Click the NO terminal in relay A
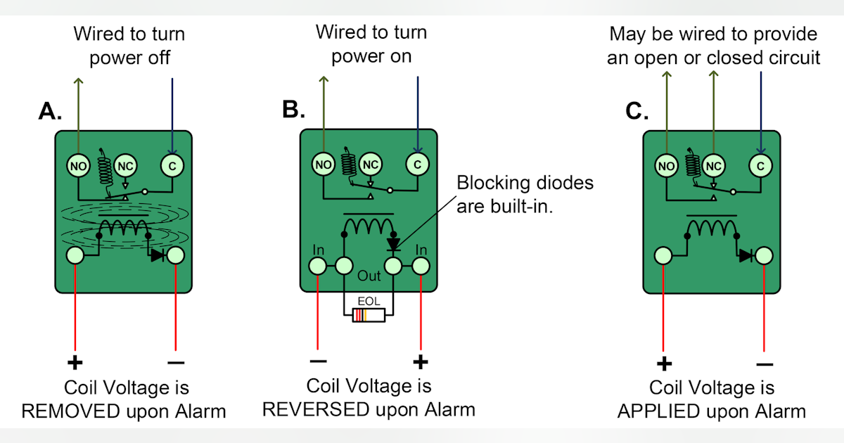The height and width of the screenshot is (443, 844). [x=77, y=166]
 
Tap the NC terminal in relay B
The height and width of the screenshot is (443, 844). [x=370, y=165]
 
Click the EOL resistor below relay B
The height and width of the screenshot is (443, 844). [x=369, y=315]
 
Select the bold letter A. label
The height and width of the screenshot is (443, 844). [x=51, y=111]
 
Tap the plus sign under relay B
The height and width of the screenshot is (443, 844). [x=420, y=363]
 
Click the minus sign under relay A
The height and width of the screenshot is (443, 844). [x=175, y=363]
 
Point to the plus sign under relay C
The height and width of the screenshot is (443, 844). [x=664, y=364]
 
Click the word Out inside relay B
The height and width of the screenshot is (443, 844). [x=369, y=275]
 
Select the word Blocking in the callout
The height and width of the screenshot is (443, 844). [x=490, y=184]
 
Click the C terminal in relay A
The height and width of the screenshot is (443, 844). [x=172, y=166]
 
